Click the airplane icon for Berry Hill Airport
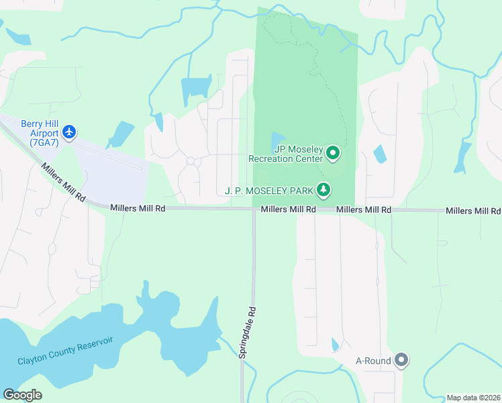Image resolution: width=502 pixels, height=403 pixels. click(68, 130)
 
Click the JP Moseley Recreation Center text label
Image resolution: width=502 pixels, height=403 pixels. click(286, 154)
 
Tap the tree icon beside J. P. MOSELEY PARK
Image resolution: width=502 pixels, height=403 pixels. click(324, 191)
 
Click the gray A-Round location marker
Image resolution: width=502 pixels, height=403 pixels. click(401, 361)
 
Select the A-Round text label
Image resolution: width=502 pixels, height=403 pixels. click(373, 361)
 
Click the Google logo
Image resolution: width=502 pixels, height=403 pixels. click(22, 395)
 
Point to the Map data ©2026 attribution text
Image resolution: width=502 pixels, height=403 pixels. click(474, 398)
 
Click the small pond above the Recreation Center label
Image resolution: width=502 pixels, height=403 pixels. click(278, 140)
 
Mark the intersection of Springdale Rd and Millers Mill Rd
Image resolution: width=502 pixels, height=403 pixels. click(254, 210)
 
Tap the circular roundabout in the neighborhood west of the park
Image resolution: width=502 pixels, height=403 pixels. click(191, 161)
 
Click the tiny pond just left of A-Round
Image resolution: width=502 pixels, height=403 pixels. click(336, 345)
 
